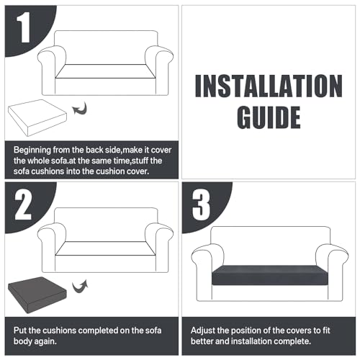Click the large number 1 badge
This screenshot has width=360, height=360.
click(x=24, y=27)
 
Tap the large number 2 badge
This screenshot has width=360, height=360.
click(x=23, y=204)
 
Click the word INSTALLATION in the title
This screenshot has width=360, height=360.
click(x=269, y=86)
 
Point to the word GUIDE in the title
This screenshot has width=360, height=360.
click(x=269, y=117)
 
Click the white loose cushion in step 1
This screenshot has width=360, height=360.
click(x=37, y=117)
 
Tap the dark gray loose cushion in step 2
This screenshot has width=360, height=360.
click(x=37, y=295)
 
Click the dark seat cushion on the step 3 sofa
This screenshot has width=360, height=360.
click(x=270, y=275)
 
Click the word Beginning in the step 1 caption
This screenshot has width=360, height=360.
click(x=32, y=150)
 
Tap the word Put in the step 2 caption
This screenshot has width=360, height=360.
click(x=20, y=330)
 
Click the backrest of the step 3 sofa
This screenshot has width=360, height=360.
click(x=271, y=245)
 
